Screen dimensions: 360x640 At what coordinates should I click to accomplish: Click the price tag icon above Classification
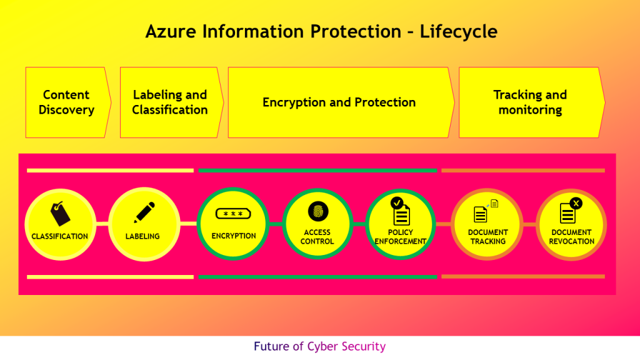[60, 214]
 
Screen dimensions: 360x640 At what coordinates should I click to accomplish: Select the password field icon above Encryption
[233, 214]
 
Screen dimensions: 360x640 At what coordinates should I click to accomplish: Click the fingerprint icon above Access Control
[317, 211]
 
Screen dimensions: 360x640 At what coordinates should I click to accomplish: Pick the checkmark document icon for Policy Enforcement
[400, 211]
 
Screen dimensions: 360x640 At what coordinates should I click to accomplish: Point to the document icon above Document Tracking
[482, 212]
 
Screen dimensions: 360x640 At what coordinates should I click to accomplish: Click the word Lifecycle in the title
[459, 31]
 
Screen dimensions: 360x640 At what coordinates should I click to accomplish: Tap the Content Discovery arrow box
[66, 102]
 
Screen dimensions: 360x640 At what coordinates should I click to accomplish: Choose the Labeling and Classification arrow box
[170, 102]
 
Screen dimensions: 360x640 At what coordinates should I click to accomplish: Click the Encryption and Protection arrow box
[339, 102]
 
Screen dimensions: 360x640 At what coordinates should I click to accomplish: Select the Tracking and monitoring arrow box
[530, 102]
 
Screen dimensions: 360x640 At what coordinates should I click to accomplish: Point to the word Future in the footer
[271, 346]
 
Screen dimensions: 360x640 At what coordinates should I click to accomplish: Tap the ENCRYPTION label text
[234, 236]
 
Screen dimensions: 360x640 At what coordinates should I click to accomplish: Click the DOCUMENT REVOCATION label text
[571, 237]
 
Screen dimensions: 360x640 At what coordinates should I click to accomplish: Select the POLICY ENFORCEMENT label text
[401, 237]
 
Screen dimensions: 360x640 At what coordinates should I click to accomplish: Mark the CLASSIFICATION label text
[60, 237]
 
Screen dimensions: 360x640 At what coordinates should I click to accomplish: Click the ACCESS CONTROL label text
[317, 237]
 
